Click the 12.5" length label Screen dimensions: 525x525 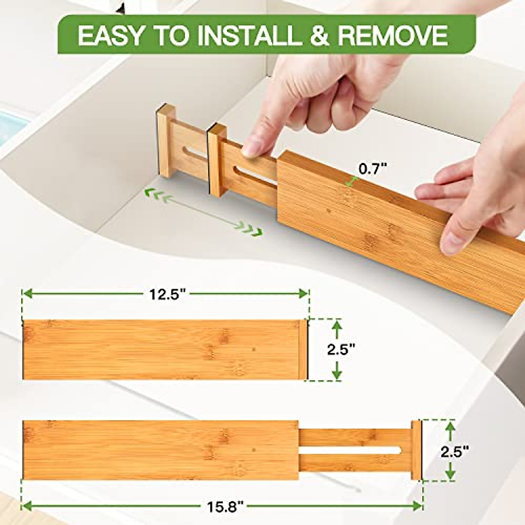166,294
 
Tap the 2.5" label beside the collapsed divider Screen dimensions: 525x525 341,350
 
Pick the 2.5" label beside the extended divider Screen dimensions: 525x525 455,451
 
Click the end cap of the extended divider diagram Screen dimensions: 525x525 416,450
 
